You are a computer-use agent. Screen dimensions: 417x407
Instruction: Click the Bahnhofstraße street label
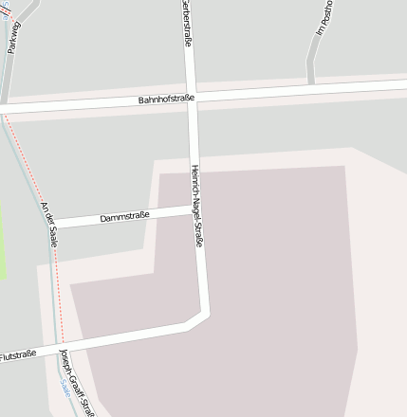(166, 99)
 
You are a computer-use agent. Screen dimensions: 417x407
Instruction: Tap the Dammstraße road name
(124, 217)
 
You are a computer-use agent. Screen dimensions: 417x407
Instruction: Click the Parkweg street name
(12, 38)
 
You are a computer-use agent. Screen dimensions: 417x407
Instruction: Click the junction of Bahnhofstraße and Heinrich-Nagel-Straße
(192, 96)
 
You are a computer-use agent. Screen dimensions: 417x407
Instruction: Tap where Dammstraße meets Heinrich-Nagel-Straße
(194, 210)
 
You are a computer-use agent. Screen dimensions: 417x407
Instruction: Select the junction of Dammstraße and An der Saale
(53, 226)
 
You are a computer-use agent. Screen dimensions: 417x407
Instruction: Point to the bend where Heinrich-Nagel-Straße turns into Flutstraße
(202, 317)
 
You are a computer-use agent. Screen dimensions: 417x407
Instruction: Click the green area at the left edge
(3, 237)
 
